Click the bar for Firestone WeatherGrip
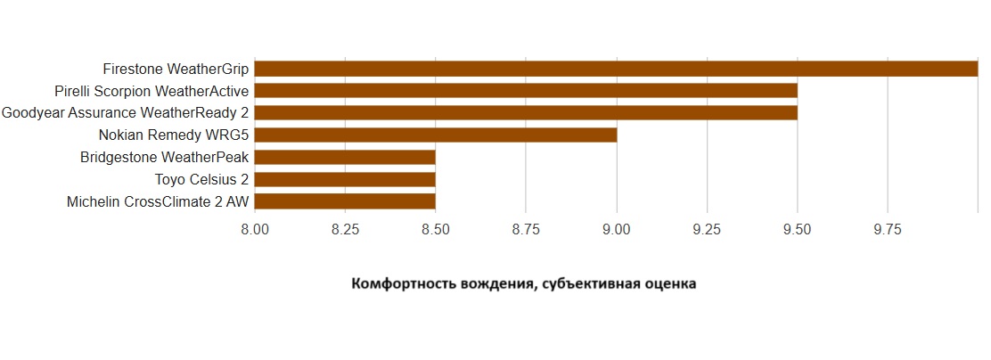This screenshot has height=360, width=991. [x=616, y=69]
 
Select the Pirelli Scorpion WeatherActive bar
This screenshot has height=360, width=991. [x=526, y=91]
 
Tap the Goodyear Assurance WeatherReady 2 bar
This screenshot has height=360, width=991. [x=526, y=112]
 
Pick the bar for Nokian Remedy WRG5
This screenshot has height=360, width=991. [x=436, y=135]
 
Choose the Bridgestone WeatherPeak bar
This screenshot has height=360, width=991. [x=345, y=157]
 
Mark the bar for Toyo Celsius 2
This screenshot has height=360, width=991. [x=345, y=179]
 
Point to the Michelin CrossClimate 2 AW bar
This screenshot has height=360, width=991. [x=345, y=201]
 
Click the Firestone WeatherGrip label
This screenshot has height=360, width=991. [x=176, y=69]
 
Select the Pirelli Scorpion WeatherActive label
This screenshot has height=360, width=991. [x=152, y=91]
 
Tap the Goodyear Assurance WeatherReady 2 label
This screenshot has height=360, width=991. [x=125, y=112]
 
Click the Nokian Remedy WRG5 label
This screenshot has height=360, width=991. [x=174, y=135]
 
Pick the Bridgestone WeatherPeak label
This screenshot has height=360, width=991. [x=164, y=157]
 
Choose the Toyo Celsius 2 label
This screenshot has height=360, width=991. [x=201, y=179]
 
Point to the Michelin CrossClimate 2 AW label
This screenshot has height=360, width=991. [x=158, y=201]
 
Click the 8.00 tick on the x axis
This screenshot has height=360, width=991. [x=255, y=229]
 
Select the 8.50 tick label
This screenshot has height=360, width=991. [x=435, y=229]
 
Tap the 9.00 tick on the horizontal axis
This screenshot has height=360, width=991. [x=616, y=229]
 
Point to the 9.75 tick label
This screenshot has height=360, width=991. [x=887, y=229]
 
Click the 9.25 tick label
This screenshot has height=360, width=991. [x=706, y=229]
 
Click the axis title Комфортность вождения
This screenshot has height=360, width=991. [x=524, y=284]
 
